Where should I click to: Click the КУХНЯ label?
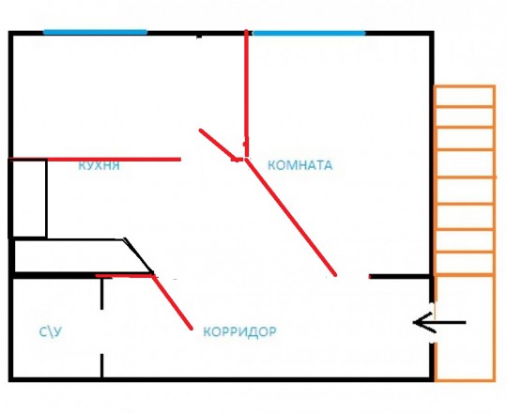tap(99, 165)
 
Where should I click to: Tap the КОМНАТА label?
tap(300, 165)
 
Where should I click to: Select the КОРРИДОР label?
tap(239, 331)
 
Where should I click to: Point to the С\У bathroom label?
tap(50, 332)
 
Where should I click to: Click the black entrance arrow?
tap(439, 323)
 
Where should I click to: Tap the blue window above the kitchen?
tap(95, 32)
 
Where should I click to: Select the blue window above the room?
tap(309, 33)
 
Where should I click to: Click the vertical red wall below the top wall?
tap(246, 94)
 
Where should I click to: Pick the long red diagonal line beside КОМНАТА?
tap(291, 217)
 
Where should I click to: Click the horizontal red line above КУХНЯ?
tap(96, 159)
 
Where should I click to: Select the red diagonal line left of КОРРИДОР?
tap(172, 302)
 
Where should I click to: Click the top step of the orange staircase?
tap(465, 96)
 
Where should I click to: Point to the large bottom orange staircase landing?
tap(465, 328)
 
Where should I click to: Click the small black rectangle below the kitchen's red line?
tap(28, 198)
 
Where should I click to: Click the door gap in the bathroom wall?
tap(101, 331)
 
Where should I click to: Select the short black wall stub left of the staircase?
tap(401, 276)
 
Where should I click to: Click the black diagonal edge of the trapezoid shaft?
tap(138, 255)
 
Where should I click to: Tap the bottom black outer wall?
tap(222, 379)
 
